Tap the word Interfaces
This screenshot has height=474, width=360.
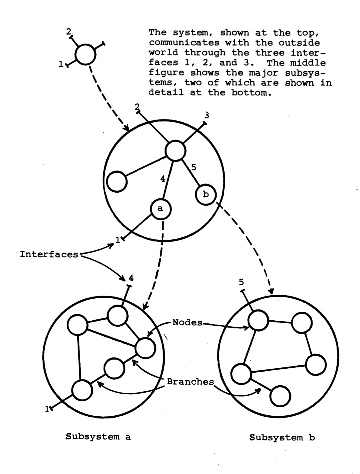[49, 254]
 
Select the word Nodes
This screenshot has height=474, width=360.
[188, 323]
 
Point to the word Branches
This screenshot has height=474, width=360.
[190, 382]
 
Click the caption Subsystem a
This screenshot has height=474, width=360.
[98, 437]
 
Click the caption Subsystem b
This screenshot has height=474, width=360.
[282, 437]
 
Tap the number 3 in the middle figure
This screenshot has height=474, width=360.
[207, 115]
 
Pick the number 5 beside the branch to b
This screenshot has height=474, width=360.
[194, 167]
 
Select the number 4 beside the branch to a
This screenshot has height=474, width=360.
[162, 179]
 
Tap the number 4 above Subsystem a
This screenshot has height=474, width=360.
[131, 278]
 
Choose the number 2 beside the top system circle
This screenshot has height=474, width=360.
[69, 32]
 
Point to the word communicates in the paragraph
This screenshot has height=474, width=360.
[184, 43]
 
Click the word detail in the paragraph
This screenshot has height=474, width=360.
[166, 92]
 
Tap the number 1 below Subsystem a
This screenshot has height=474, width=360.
[47, 409]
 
